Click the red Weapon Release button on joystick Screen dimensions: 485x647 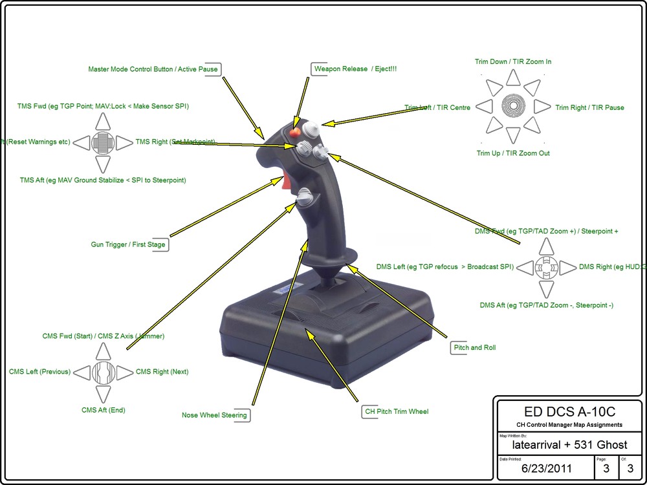tap(295, 133)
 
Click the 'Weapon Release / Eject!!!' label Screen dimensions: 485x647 tap(353, 69)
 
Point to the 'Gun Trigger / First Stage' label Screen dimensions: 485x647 tap(128, 244)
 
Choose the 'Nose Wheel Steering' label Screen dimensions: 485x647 tap(214, 415)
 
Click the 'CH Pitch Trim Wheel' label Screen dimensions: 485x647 tap(395, 411)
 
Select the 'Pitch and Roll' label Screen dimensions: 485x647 tap(475, 347)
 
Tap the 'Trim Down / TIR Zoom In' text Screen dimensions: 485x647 tap(513, 61)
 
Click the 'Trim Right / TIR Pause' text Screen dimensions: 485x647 tap(589, 107)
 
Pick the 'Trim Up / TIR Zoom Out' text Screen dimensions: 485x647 tap(513, 153)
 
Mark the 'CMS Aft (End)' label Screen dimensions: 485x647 tap(104, 410)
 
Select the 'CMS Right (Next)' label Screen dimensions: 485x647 tap(162, 372)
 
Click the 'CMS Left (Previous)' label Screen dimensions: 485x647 tap(40, 372)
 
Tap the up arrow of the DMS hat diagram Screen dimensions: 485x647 tap(547, 246)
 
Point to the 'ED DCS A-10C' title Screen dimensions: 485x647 tap(569, 413)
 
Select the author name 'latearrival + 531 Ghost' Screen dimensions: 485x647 tap(569, 445)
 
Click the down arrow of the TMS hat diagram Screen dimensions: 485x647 tap(103, 164)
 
